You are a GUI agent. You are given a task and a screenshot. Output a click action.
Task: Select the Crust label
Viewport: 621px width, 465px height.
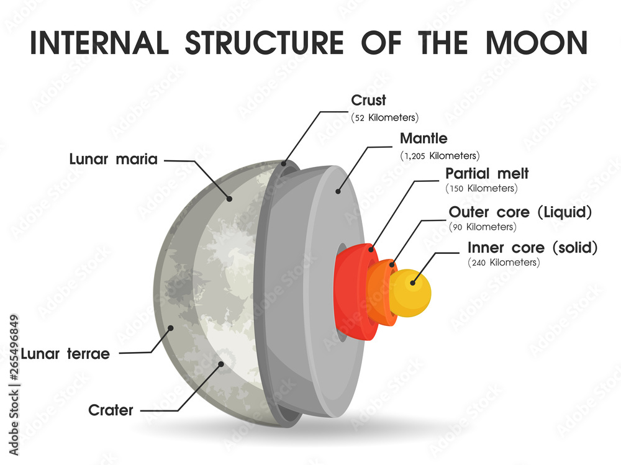pos(368,100)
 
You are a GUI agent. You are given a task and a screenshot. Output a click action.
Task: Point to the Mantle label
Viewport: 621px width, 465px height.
pos(424,138)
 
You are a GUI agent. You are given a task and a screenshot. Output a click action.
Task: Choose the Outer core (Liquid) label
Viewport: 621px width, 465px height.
pos(520,212)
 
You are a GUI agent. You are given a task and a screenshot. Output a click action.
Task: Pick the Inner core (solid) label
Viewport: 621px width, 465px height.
pos(532,248)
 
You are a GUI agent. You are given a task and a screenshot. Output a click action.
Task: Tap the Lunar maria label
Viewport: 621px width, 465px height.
pos(113,160)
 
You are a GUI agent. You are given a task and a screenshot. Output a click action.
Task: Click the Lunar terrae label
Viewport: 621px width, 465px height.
pos(65,354)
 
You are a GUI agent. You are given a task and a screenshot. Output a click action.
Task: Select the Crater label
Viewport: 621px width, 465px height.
pos(112,410)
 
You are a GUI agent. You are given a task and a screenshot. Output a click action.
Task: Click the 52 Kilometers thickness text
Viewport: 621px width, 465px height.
pos(385,117)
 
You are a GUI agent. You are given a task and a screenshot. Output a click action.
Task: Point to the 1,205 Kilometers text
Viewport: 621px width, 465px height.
pos(440,155)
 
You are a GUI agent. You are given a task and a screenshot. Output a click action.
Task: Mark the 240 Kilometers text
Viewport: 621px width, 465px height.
pos(504,263)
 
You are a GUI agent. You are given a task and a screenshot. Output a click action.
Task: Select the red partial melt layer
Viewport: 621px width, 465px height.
pos(351,292)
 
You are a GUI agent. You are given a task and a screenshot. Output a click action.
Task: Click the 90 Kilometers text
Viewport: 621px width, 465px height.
pos(483,227)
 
